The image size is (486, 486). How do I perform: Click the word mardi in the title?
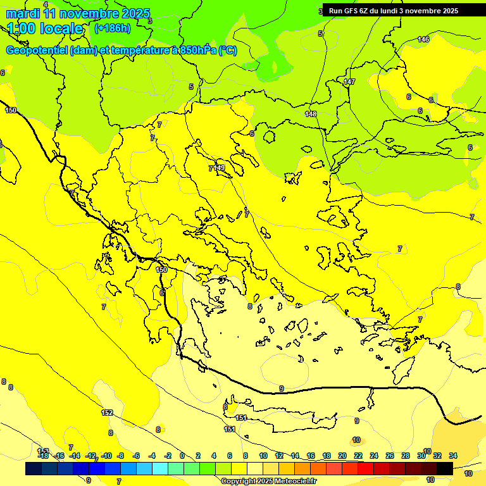pyautogui.click(x=23, y=13)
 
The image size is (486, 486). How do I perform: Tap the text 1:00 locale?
pyautogui.click(x=45, y=28)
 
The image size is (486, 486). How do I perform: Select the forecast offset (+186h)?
pyautogui.click(x=112, y=28)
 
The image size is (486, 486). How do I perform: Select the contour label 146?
pyautogui.click(x=423, y=40)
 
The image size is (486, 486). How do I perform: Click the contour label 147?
pyautogui.click(x=349, y=82)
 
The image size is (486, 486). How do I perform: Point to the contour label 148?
pyautogui.click(x=310, y=114)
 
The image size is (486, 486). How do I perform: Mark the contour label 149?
pyautogui.click(x=220, y=168)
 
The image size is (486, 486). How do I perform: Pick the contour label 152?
pyautogui.click(x=108, y=413)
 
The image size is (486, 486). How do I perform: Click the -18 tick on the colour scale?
pyautogui.click(x=43, y=456)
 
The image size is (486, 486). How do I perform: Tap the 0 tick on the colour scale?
pyautogui.click(x=182, y=456)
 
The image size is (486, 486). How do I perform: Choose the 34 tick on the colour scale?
pyautogui.click(x=453, y=456)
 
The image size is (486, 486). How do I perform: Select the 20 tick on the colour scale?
pyautogui.click(x=342, y=456)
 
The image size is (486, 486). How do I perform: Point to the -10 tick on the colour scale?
pyautogui.click(x=106, y=456)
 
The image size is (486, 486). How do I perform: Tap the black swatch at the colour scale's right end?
pyautogui.click(x=445, y=468)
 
